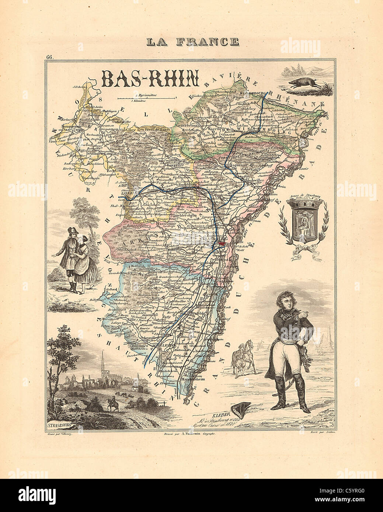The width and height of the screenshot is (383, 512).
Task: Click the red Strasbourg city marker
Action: click(x=222, y=243)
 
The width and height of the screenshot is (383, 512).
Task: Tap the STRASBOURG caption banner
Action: click(x=60, y=426)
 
